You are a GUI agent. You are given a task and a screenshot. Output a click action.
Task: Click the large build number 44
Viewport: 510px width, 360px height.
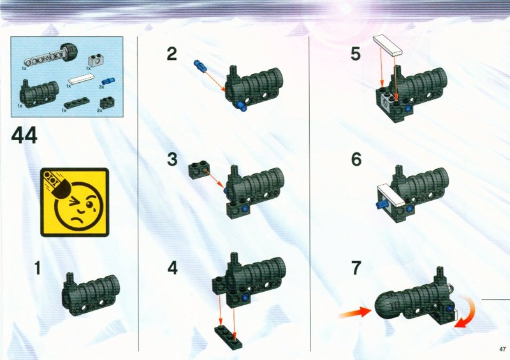[x=24, y=136]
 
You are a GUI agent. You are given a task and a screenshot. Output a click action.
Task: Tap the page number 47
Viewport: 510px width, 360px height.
[x=502, y=349]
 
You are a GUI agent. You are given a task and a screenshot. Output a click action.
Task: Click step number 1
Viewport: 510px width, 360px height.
[x=38, y=268]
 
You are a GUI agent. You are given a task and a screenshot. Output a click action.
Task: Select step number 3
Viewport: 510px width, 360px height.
[x=172, y=159]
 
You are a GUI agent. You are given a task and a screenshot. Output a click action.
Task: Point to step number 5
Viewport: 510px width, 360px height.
[x=356, y=54]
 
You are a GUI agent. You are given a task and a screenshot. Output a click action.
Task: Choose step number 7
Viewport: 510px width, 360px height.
[x=356, y=268]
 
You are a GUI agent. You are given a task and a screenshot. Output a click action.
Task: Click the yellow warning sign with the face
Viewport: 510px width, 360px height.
[x=75, y=202]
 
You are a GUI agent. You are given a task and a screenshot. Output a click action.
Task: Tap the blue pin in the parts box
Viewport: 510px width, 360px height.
[x=108, y=81]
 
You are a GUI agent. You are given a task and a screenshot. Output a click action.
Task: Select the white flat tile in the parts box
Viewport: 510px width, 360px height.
[x=82, y=80]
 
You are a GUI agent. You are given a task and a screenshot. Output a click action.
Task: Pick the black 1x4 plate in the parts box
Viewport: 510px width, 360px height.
[x=76, y=103]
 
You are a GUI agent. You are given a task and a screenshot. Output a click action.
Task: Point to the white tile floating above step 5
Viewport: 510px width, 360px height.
[x=388, y=45]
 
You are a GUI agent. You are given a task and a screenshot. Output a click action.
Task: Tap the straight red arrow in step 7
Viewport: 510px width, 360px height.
[x=354, y=313]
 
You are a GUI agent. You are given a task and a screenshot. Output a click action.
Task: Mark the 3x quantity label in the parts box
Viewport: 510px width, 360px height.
[x=101, y=87]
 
